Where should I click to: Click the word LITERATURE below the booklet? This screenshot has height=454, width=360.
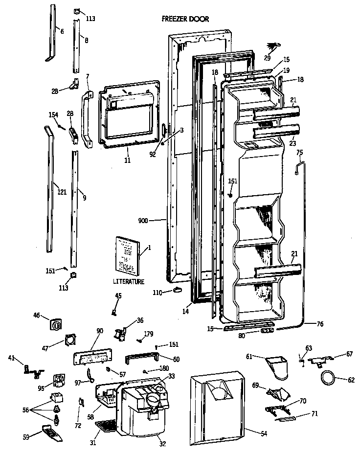tap(129, 282)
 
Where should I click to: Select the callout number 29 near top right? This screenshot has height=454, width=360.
tap(267, 58)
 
